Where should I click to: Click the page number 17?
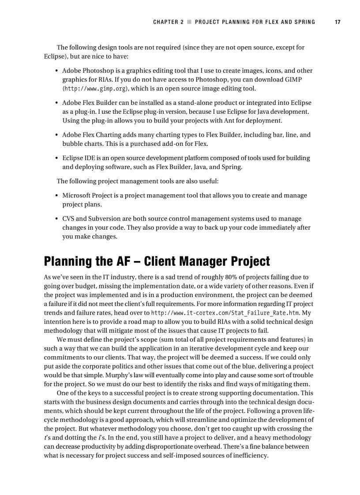point(337,22)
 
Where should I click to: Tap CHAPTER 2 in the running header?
point(168,22)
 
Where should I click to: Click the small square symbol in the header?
point(189,22)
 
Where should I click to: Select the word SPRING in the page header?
point(304,22)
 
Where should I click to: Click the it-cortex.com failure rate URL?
point(225,313)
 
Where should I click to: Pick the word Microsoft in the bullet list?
point(77,195)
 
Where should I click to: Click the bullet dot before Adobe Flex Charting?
point(57,135)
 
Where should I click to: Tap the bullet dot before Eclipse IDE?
point(57,158)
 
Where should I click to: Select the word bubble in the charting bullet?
point(71,144)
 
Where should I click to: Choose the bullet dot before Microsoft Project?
point(57,196)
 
